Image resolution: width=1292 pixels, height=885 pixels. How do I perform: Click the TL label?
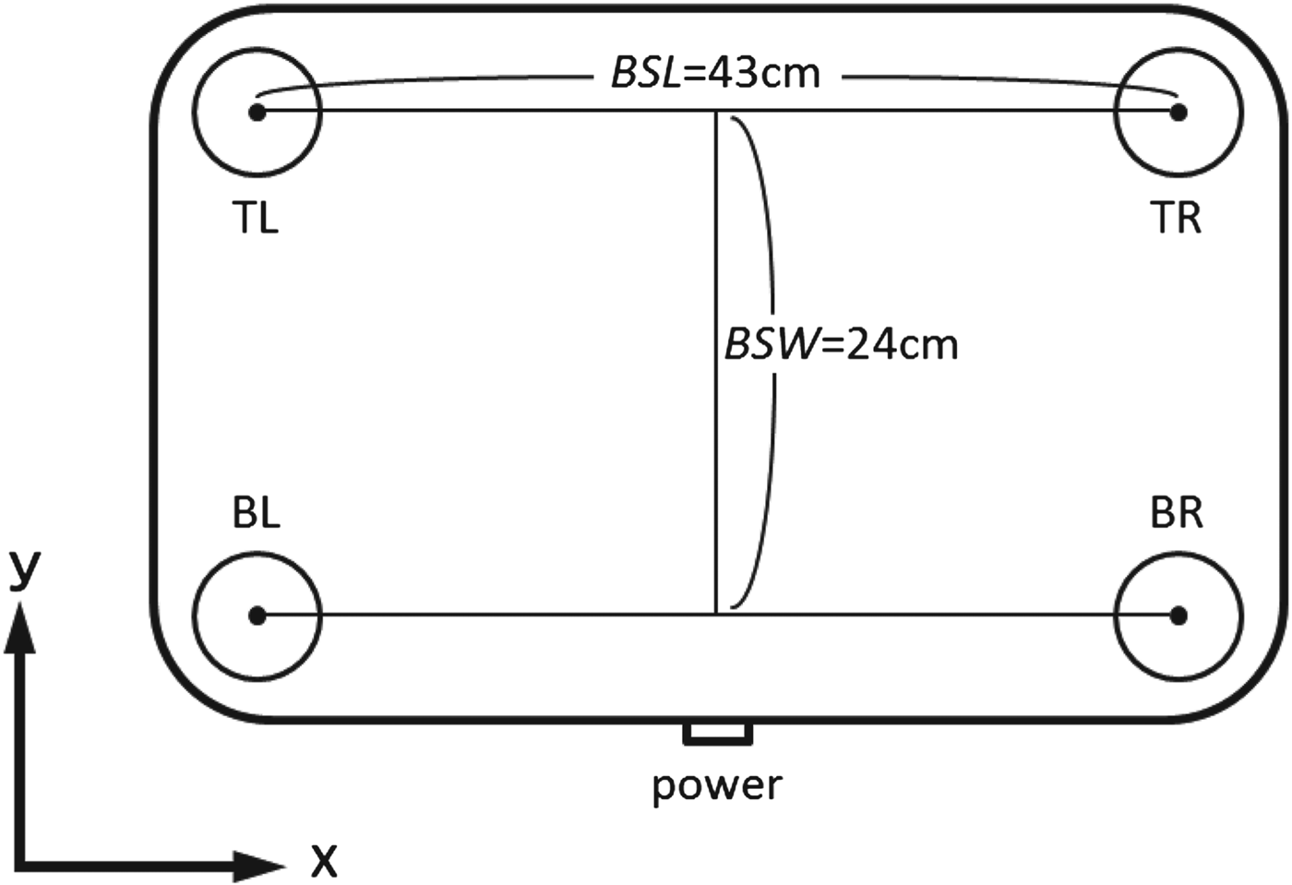click(256, 219)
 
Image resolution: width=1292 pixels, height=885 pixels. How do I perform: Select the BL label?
click(257, 513)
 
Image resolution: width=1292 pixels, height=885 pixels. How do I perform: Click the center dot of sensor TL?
click(257, 112)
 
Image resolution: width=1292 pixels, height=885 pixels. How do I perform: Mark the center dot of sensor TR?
click(1178, 112)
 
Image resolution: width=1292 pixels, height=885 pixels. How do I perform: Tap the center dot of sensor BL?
click(257, 616)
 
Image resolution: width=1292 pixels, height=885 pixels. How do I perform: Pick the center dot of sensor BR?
click(1178, 616)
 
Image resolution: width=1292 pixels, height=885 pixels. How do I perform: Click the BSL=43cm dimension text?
click(716, 74)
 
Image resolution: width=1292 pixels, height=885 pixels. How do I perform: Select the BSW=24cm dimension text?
click(841, 344)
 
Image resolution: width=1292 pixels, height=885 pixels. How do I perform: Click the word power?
click(718, 786)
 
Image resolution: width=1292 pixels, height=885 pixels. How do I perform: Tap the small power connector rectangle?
click(718, 733)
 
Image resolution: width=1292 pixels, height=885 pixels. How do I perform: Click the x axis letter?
click(324, 860)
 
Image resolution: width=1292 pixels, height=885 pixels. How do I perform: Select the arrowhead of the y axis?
click(20, 628)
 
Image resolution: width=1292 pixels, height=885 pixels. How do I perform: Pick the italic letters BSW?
click(772, 344)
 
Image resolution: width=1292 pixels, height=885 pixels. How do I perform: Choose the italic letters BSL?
click(647, 74)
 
